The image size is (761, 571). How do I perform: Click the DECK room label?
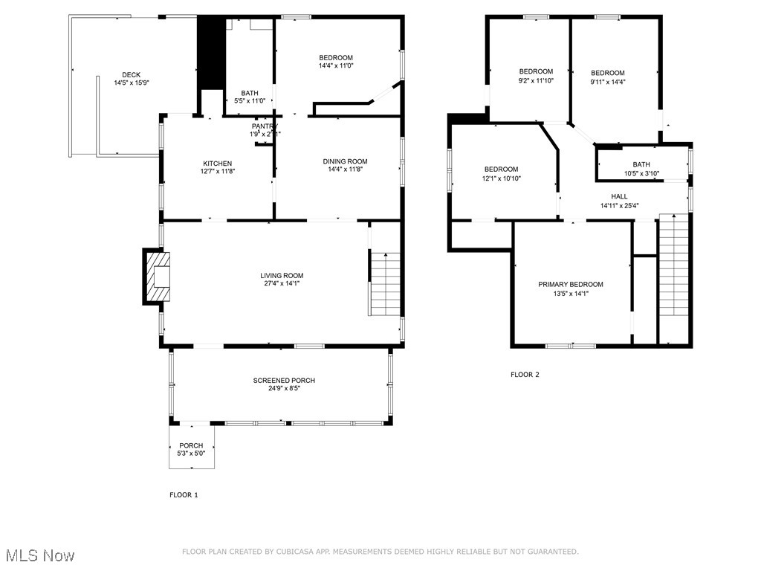(131, 74)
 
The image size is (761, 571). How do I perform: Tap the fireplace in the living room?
(158, 277)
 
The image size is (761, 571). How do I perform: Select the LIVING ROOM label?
(282, 275)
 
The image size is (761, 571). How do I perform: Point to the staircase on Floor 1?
(386, 284)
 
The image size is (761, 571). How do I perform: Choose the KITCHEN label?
(218, 164)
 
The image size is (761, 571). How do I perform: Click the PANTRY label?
(264, 126)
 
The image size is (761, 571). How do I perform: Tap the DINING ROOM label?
(345, 161)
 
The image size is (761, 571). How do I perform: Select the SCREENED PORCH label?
(284, 381)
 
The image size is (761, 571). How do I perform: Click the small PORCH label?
(191, 445)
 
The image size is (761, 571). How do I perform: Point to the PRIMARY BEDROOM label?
(571, 284)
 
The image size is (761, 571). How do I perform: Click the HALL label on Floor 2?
(619, 196)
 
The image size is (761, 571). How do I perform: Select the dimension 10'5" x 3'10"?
(641, 174)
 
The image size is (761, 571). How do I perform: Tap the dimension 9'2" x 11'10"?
(536, 81)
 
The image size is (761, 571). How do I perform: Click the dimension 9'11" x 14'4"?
(608, 82)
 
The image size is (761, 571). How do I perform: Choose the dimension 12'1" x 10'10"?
(502, 178)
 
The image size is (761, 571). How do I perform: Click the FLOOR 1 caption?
(184, 494)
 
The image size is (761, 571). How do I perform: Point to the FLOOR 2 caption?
(525, 375)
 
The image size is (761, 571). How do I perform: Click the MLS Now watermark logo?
(40, 555)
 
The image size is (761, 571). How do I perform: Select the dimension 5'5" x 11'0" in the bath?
(250, 100)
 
